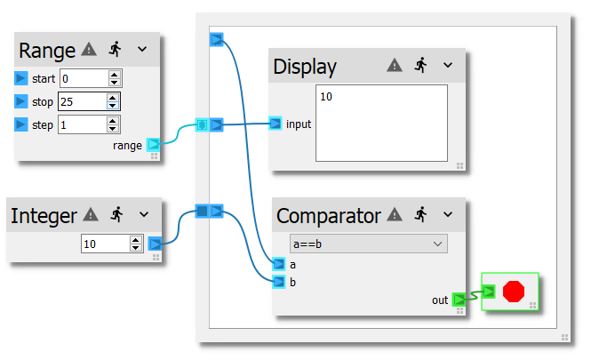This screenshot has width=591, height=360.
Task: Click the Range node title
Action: click(47, 50)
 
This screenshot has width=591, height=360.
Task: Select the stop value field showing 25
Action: click(83, 101)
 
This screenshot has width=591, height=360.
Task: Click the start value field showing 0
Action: click(83, 78)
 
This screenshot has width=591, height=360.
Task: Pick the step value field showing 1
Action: click(83, 124)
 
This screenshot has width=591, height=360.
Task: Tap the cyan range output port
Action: click(153, 144)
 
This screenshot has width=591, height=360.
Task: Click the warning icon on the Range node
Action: click(89, 49)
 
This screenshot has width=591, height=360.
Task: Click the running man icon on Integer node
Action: click(115, 214)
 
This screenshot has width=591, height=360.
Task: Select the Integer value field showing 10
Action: click(104, 243)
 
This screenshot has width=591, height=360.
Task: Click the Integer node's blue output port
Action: click(155, 244)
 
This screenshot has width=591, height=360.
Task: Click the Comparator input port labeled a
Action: click(279, 264)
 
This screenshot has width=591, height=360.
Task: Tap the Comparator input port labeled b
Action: click(279, 283)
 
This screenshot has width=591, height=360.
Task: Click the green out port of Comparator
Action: click(459, 300)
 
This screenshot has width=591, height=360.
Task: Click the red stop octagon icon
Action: click(513, 292)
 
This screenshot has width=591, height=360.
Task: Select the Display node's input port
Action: click(276, 124)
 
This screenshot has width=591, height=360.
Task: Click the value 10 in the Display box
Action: click(326, 96)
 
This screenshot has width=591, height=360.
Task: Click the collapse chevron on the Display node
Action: click(448, 65)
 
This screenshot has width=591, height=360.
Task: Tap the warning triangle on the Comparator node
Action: click(395, 214)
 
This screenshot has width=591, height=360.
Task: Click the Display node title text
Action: click(305, 67)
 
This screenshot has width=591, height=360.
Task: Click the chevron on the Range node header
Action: click(142, 49)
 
